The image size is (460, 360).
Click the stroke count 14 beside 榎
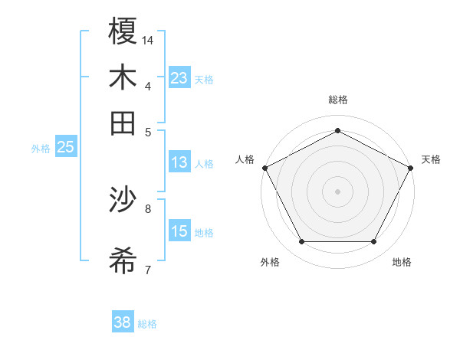point(148,39)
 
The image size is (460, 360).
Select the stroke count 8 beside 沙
point(148,208)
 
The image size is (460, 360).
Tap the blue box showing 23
point(179,77)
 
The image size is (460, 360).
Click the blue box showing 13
point(179,162)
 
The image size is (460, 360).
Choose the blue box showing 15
point(179,231)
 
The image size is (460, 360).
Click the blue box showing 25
point(66,147)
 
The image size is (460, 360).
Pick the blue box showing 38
point(123,322)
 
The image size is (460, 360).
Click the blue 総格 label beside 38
point(147,324)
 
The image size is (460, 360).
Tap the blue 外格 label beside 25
point(41,149)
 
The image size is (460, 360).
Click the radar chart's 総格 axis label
point(337,100)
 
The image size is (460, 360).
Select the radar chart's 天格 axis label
point(432,159)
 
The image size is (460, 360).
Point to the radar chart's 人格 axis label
point(245,159)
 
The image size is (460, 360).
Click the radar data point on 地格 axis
point(373,242)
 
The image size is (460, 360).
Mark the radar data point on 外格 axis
point(301,242)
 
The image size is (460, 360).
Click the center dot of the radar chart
point(337,191)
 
